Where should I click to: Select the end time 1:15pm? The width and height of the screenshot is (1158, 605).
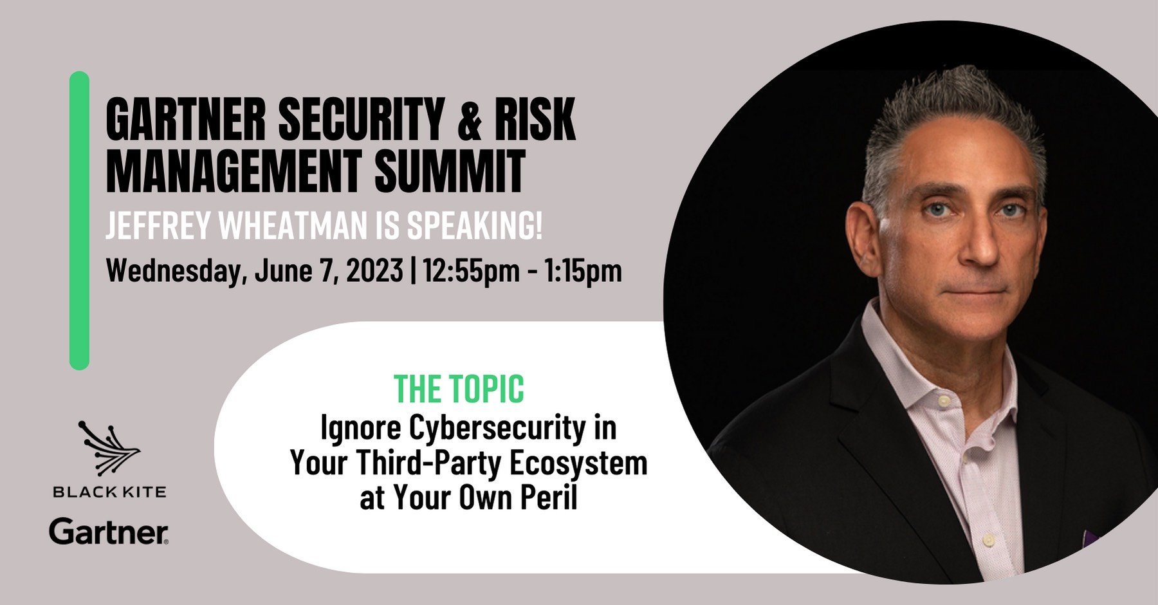point(583,271)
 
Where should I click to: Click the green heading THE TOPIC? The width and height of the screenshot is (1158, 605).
point(459,389)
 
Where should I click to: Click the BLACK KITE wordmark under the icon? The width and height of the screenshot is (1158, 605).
point(109,492)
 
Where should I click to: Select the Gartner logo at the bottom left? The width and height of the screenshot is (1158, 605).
point(109,532)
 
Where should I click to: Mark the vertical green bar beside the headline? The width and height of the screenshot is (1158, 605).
point(79,221)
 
